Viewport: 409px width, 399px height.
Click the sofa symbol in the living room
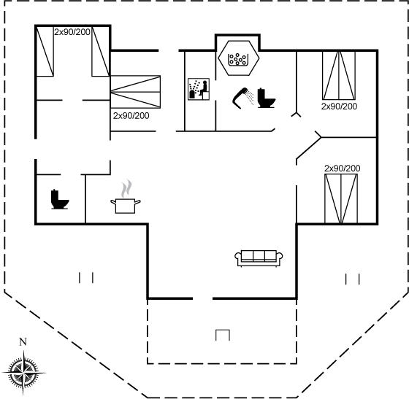pyautogui.click(x=259, y=258)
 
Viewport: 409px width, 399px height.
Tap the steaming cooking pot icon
pyautogui.click(x=126, y=206)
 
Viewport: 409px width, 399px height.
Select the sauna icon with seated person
pyautogui.click(x=199, y=89)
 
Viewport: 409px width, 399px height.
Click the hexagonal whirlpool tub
pyautogui.click(x=239, y=58)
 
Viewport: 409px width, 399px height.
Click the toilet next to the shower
pyautogui.click(x=266, y=98)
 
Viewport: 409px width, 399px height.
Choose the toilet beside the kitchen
pyautogui.click(x=60, y=199)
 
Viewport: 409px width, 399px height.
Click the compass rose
pyautogui.click(x=23, y=373)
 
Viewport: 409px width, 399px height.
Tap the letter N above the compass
pyautogui.click(x=23, y=341)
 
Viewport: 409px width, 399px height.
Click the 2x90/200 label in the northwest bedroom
pyautogui.click(x=72, y=32)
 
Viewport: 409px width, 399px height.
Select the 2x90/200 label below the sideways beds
pyautogui.click(x=131, y=116)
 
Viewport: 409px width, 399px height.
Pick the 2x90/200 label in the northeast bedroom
pyautogui.click(x=339, y=106)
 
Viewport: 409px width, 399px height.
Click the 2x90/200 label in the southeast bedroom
pyautogui.click(x=343, y=168)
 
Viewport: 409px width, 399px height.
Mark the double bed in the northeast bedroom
pyautogui.click(x=339, y=76)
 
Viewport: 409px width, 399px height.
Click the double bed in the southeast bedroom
pyautogui.click(x=341, y=198)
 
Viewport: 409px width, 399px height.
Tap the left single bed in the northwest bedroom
pyautogui.click(x=45, y=52)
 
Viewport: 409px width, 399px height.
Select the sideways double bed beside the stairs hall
pyautogui.click(x=135, y=92)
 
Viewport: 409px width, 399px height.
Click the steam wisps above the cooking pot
pyautogui.click(x=126, y=188)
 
